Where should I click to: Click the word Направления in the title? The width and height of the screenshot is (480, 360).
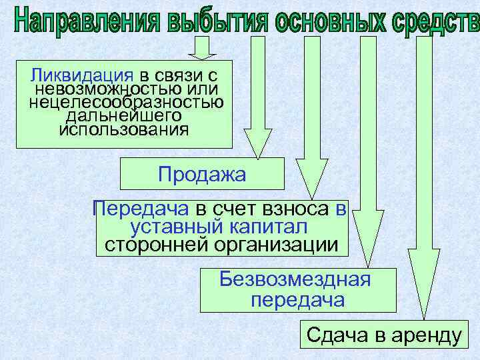pyautogui.click(x=86, y=20)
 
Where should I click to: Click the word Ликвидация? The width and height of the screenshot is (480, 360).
pyautogui.click(x=79, y=74)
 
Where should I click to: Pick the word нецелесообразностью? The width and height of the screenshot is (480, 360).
pyautogui.click(x=126, y=102)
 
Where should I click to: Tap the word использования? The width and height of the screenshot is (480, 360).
pyautogui.click(x=123, y=128)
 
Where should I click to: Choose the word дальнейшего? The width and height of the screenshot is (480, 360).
pyautogui.click(x=124, y=115)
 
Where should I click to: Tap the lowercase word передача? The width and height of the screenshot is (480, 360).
pyautogui.click(x=297, y=300)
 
